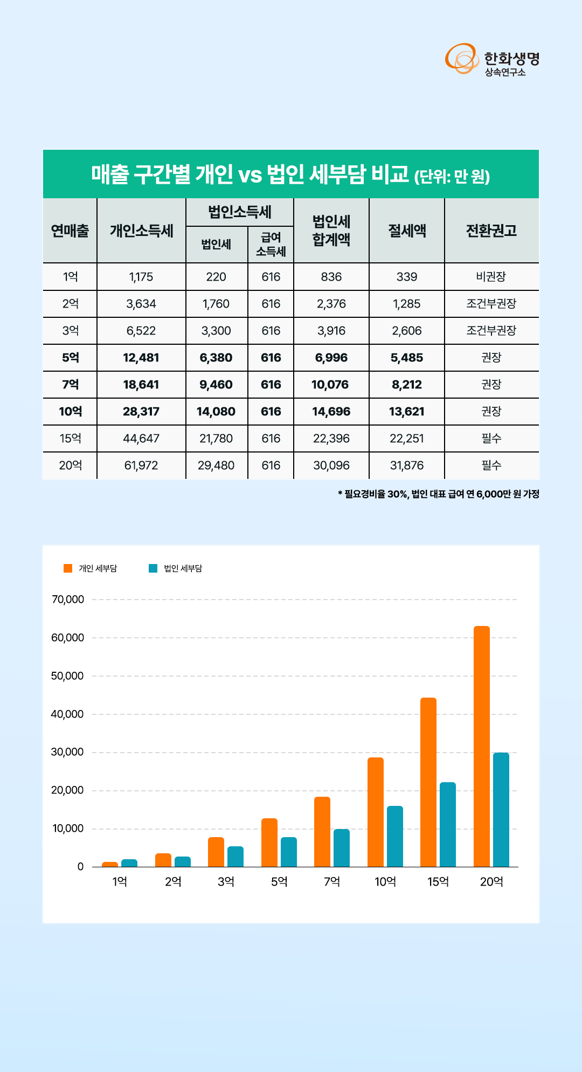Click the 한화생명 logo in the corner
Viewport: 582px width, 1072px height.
[x=492, y=59]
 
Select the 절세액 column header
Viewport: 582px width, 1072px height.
[x=407, y=231]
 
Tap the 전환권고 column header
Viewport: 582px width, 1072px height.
[x=491, y=231]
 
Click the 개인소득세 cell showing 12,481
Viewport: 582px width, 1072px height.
[x=141, y=358]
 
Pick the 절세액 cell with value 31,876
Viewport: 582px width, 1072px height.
[x=407, y=465]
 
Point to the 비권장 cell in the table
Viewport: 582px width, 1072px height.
[x=491, y=277]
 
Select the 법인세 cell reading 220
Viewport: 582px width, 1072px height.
[x=216, y=277]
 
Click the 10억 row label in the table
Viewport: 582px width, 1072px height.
[x=71, y=412]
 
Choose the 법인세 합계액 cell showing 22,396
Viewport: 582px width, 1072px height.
[x=331, y=438]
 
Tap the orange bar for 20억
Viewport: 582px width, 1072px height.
[x=482, y=746]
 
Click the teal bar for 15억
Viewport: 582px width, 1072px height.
[x=448, y=824]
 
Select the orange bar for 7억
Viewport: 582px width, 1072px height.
[x=322, y=832]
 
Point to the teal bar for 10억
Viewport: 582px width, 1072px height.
[x=395, y=836]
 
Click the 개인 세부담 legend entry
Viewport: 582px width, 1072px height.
[x=90, y=568]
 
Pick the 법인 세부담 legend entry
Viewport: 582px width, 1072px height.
[x=175, y=568]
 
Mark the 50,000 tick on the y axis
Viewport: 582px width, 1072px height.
[x=67, y=676]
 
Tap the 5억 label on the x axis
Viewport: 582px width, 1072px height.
[x=279, y=882]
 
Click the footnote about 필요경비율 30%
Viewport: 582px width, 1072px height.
[x=439, y=494]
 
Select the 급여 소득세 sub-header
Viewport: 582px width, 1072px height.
[x=271, y=244]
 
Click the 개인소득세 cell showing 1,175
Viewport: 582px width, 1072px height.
[x=141, y=277]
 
